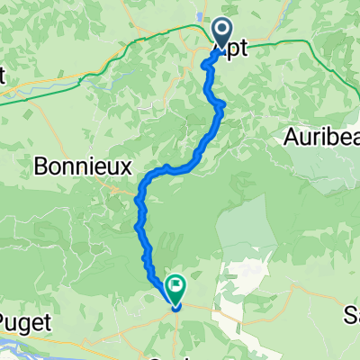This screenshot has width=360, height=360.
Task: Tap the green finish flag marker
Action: pyautogui.click(x=174, y=288)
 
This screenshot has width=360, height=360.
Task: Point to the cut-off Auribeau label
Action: pyautogui.click(x=321, y=137)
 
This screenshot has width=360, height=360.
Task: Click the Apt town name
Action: pyautogui.click(x=231, y=52)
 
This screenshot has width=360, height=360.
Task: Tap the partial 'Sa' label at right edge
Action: pyautogui.click(x=351, y=315)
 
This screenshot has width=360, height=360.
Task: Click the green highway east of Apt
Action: pyautogui.click(x=297, y=42)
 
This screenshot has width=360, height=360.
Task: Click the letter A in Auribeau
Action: pyautogui.click(x=291, y=137)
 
